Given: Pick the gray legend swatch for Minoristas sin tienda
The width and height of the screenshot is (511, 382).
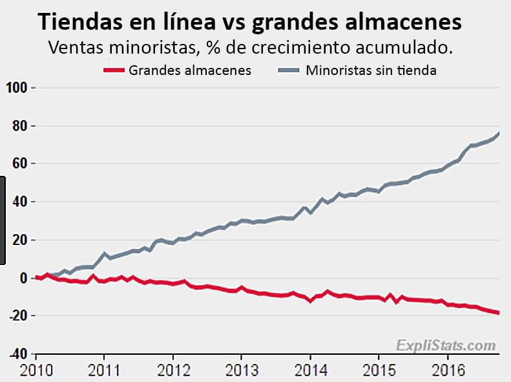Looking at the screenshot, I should (289, 70).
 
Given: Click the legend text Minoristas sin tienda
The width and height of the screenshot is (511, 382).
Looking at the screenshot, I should (371, 70).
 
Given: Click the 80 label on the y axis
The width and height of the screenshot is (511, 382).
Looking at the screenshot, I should (19, 125).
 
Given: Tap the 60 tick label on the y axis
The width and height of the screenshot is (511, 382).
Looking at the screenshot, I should (19, 164).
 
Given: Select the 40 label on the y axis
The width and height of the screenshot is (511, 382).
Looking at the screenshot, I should (19, 202).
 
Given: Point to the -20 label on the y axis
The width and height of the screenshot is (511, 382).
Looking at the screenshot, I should (17, 316).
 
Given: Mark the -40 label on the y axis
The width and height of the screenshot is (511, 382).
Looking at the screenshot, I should (17, 354).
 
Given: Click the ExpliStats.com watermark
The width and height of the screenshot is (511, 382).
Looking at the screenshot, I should (446, 345).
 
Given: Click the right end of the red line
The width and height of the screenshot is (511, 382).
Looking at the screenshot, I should (499, 313).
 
